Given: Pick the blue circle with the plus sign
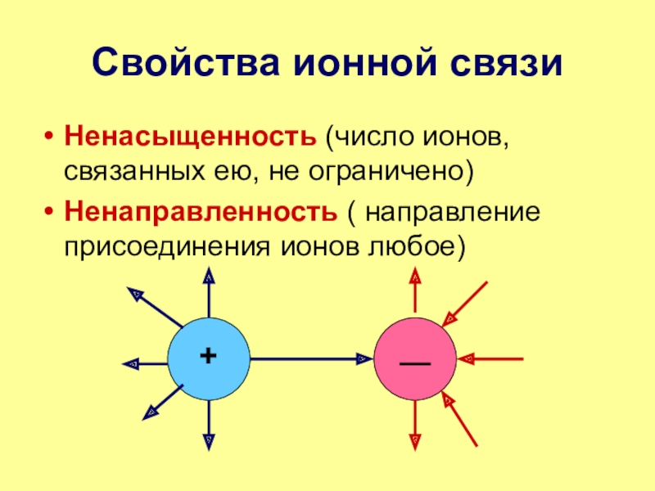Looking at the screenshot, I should click(x=208, y=358).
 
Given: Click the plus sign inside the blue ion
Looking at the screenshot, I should click(x=208, y=355).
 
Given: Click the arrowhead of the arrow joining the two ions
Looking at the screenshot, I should click(x=362, y=358).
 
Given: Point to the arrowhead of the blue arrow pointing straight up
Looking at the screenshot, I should click(x=209, y=280).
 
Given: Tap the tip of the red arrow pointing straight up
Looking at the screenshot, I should click(x=415, y=279).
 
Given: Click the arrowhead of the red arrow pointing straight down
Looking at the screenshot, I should click(x=415, y=441).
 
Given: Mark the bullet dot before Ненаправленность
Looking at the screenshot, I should click(x=50, y=212).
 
